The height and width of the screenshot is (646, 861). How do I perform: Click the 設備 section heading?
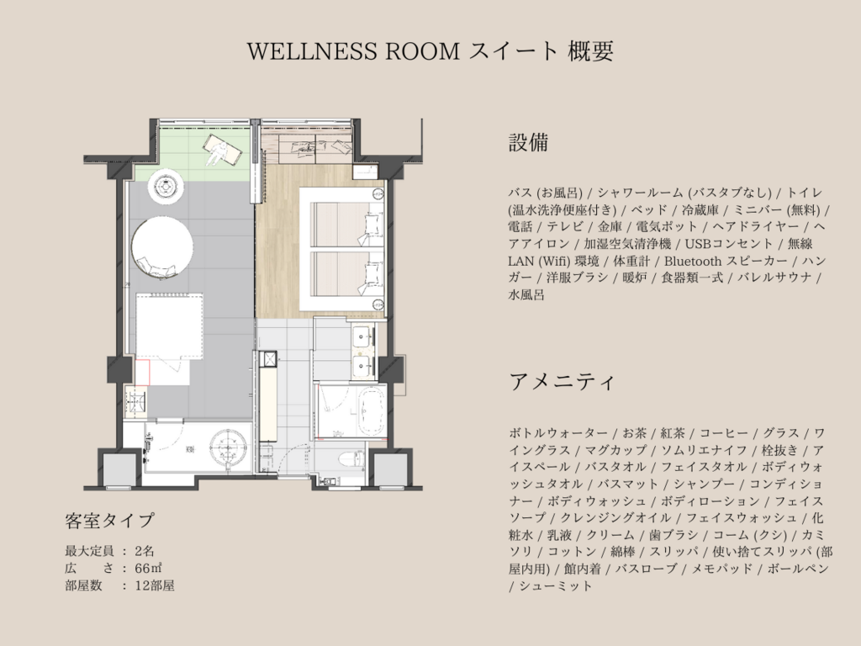coord(528,142)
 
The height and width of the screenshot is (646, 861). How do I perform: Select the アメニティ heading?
coord(561,382)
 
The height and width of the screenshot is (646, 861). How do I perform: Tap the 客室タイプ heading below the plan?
coord(109,520)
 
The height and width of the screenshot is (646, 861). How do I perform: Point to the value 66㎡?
coord(148,568)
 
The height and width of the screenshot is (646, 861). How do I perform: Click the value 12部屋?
coord(155,585)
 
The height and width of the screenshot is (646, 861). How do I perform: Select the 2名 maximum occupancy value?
coord(145,551)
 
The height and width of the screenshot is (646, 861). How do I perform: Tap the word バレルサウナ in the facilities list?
coord(774,278)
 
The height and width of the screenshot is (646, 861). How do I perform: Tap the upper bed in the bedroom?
coord(346,225)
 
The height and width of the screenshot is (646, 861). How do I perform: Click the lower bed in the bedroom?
coord(346,273)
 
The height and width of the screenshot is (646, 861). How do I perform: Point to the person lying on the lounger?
coord(221,150)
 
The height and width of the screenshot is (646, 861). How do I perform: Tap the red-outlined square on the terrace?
coord(142,373)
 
